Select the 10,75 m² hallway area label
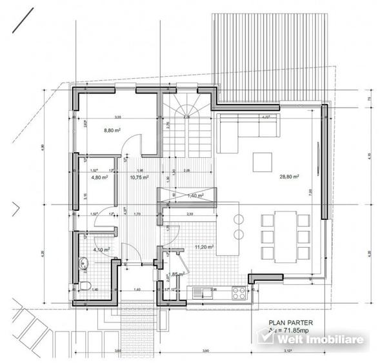click(x=139, y=176)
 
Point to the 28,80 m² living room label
click(x=288, y=175)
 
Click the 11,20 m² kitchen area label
click(x=205, y=246)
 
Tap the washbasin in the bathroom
click(x=83, y=262)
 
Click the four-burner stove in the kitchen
click(x=237, y=291)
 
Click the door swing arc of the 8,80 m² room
click(x=132, y=145)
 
